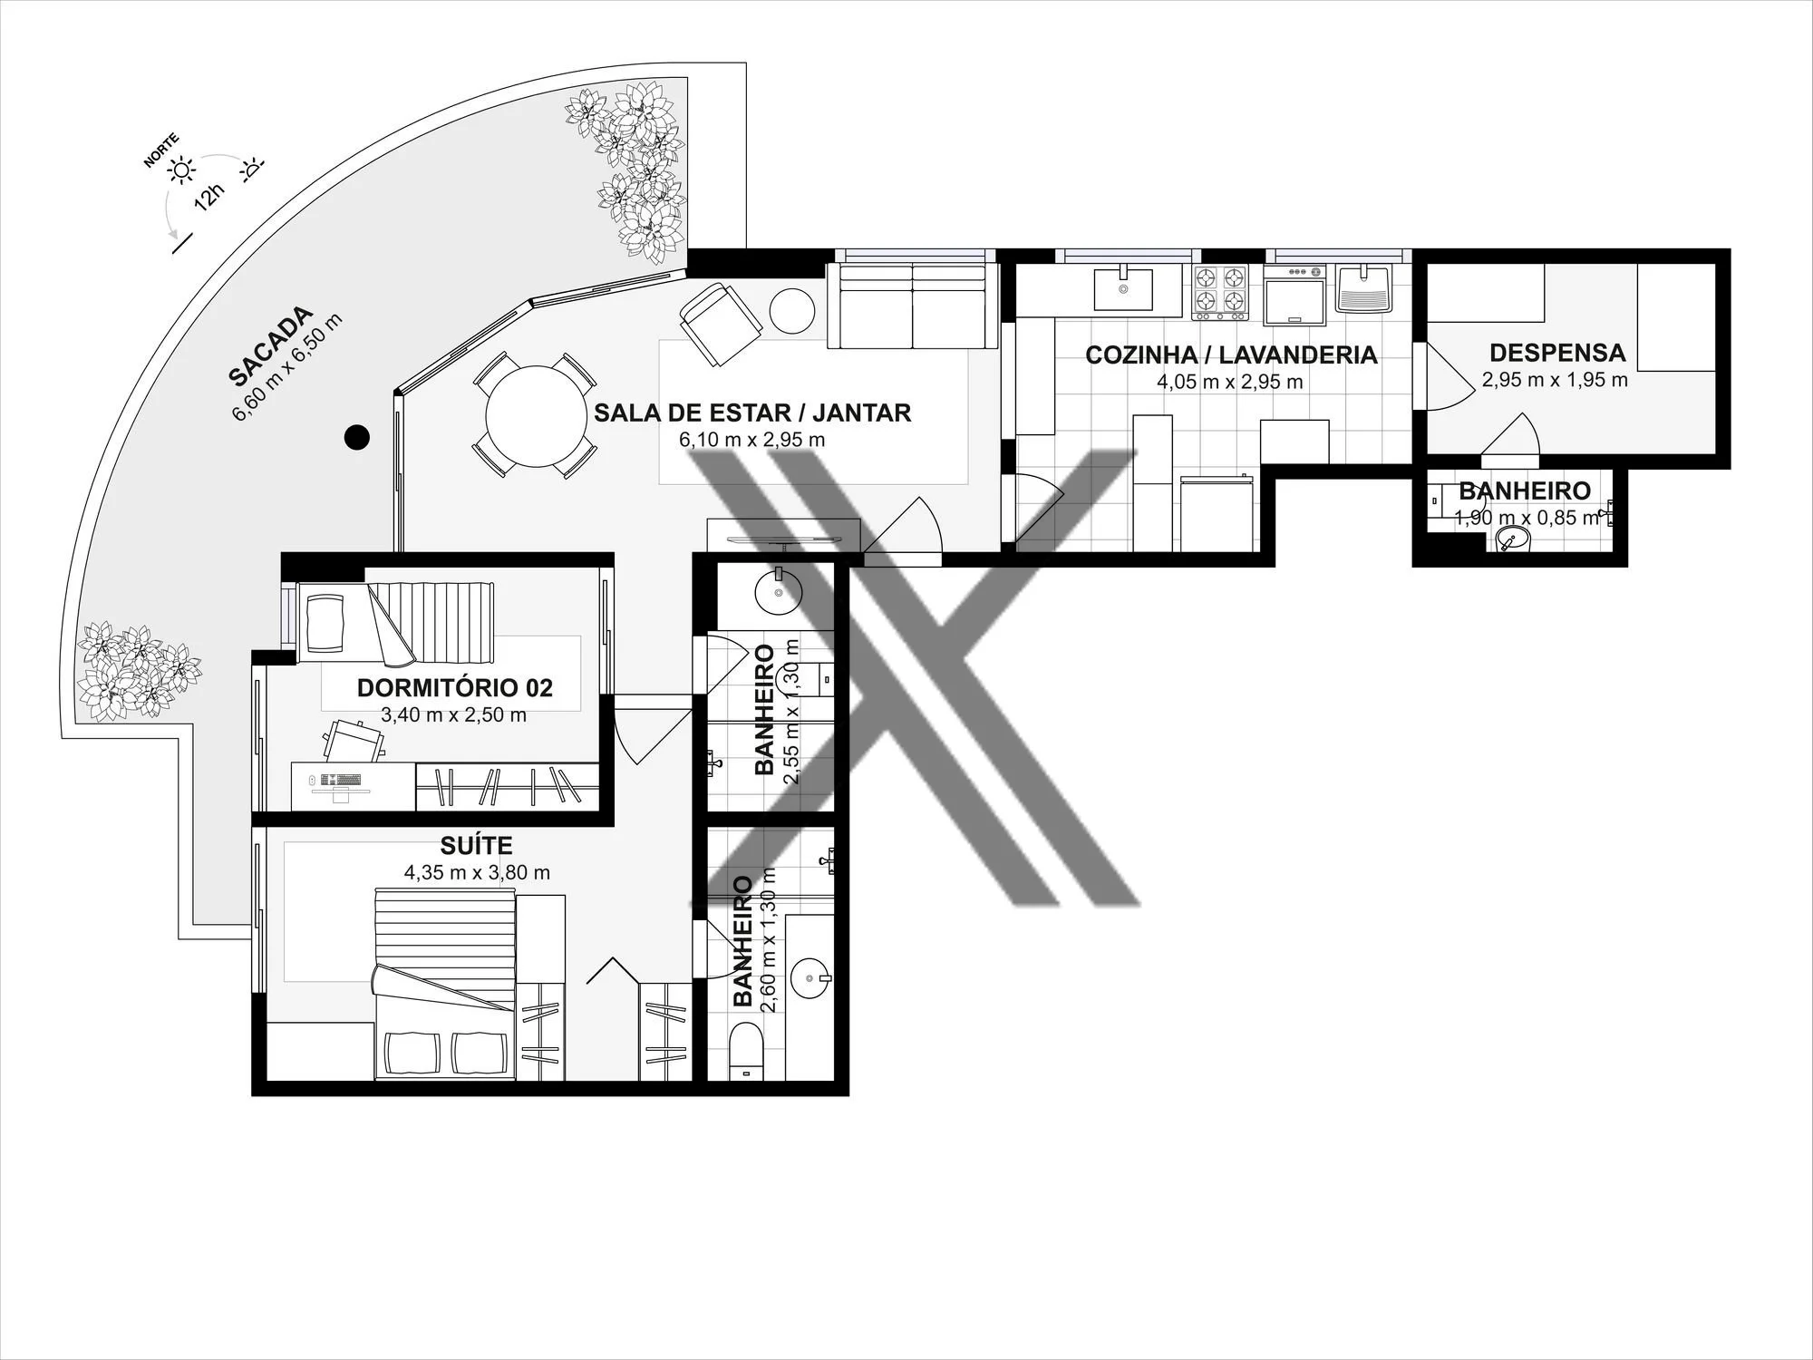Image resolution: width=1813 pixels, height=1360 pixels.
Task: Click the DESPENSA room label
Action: [x=1557, y=353]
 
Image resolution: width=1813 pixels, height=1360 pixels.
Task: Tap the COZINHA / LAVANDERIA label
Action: [x=1231, y=355]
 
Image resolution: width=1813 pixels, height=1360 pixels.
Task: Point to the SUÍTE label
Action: [x=476, y=845]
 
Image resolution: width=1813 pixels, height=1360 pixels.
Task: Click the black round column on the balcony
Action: [x=357, y=438]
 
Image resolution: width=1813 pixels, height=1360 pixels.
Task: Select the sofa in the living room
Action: [x=912, y=306]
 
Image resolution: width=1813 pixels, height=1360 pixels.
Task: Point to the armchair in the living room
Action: [x=721, y=324]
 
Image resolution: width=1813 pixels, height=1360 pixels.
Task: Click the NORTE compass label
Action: [x=161, y=151]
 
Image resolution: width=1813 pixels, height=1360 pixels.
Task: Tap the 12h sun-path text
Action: [x=208, y=196]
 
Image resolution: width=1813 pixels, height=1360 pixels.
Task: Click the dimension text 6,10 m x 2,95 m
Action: [x=751, y=441]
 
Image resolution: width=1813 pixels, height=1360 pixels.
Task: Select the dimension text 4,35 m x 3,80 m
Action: [x=477, y=873]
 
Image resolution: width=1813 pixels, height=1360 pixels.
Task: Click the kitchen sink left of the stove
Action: [x=1124, y=289]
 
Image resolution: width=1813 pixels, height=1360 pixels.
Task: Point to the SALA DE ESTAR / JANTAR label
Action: [x=752, y=413]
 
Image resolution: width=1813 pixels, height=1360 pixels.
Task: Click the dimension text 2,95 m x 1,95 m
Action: [x=1555, y=380]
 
